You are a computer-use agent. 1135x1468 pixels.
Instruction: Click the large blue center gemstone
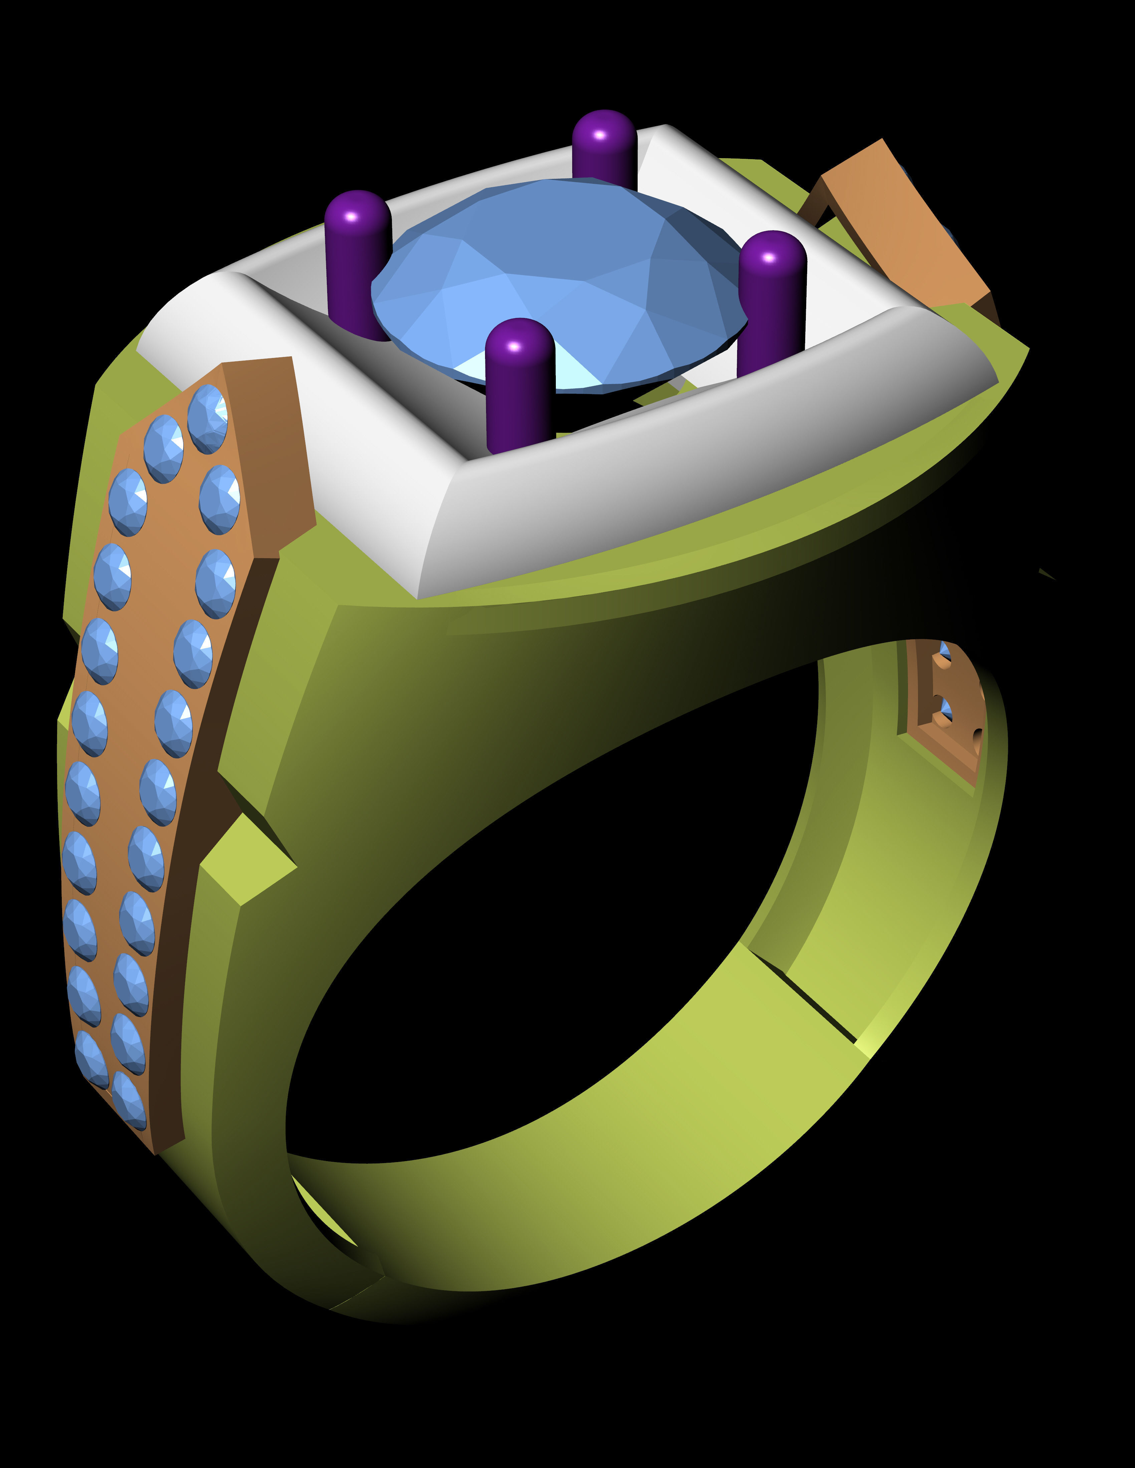[558, 282]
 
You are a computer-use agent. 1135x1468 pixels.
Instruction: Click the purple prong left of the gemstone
[357, 262]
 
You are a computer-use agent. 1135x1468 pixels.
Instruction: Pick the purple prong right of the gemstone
[772, 303]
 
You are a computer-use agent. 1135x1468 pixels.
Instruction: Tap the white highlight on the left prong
[350, 217]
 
